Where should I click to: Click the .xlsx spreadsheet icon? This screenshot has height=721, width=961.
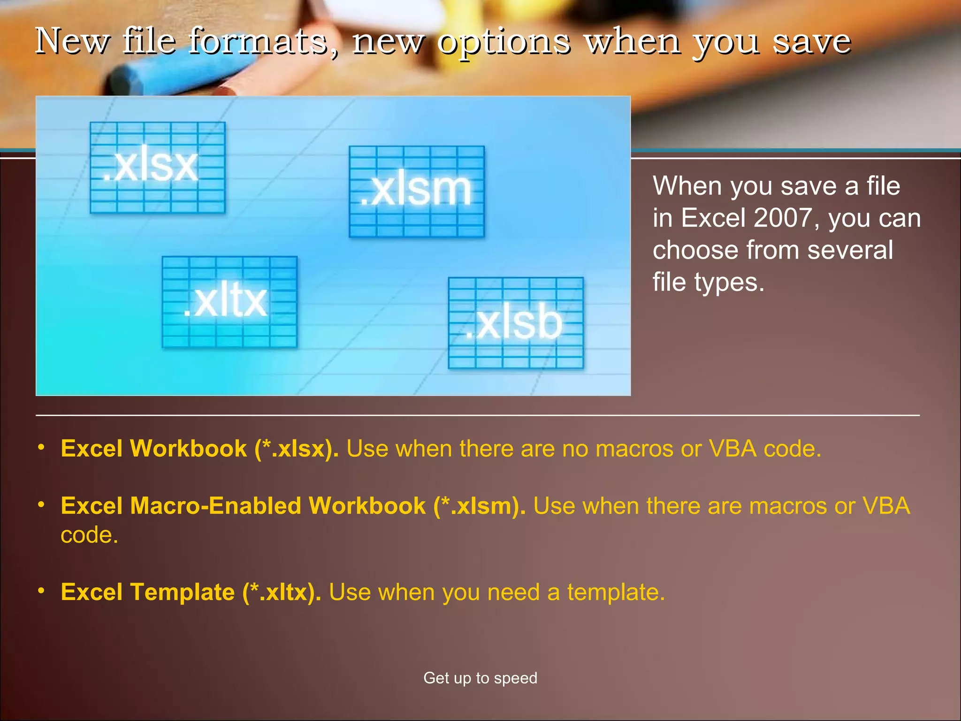pyautogui.click(x=157, y=168)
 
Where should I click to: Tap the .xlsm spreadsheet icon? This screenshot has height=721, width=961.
pyautogui.click(x=417, y=192)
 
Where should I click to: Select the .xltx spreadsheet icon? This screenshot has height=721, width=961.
pyautogui.click(x=229, y=302)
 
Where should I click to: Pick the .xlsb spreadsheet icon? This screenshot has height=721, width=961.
pyautogui.click(x=516, y=323)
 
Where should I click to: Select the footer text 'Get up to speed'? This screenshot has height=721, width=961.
pyautogui.click(x=480, y=678)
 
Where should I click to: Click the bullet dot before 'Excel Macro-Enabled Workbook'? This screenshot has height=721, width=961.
pyautogui.click(x=41, y=504)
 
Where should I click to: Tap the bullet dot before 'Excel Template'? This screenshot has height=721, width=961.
pyautogui.click(x=41, y=590)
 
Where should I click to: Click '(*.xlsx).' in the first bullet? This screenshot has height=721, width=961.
pyautogui.click(x=296, y=449)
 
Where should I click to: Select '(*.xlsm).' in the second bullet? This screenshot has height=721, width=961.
pyautogui.click(x=479, y=506)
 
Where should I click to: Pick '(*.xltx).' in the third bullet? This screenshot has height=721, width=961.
pyautogui.click(x=282, y=592)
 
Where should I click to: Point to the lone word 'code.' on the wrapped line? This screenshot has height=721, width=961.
pyautogui.click(x=89, y=535)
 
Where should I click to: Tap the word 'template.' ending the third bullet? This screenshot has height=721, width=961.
pyautogui.click(x=616, y=592)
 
